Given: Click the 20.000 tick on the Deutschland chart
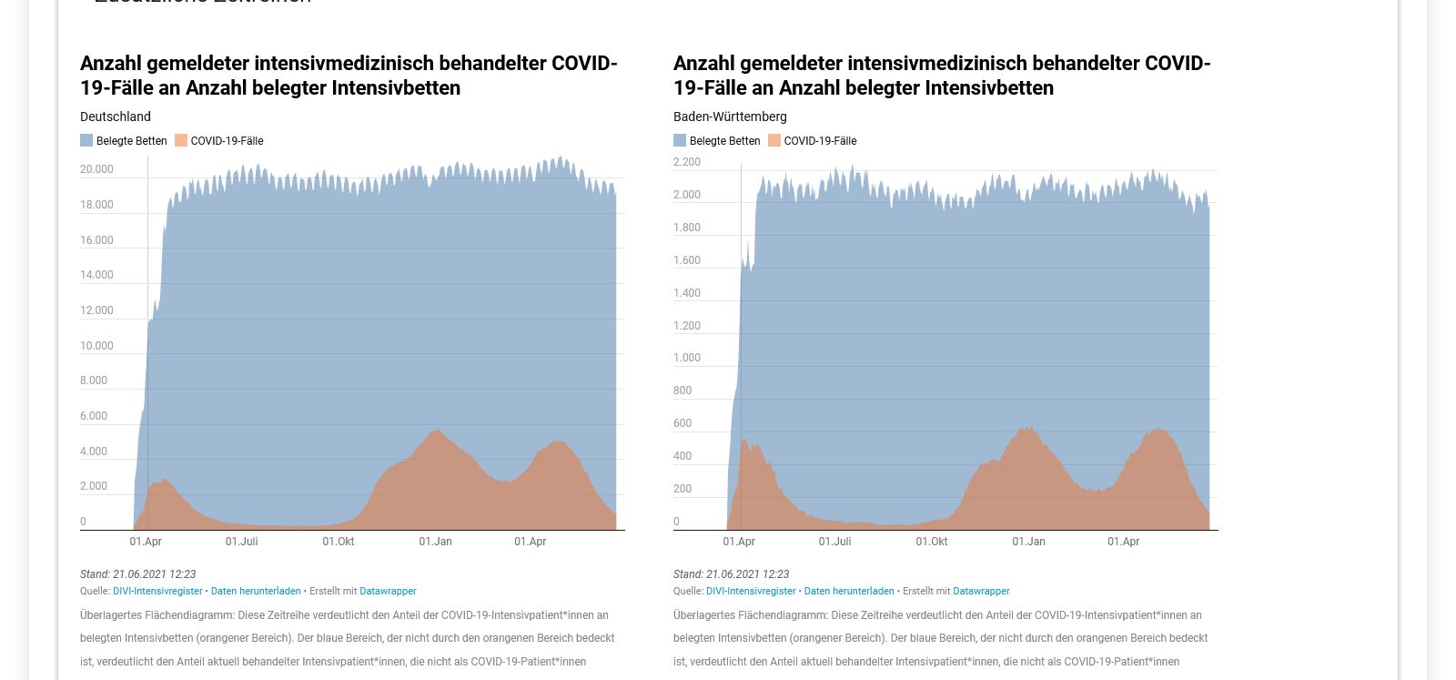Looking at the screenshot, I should pyautogui.click(x=96, y=169).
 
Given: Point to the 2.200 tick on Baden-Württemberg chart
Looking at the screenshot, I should pyautogui.click(x=687, y=162).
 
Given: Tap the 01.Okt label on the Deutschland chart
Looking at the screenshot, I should pyautogui.click(x=339, y=542).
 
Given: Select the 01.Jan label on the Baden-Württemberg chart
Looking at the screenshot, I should pyautogui.click(x=1028, y=542).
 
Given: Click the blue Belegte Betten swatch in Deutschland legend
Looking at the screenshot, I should pyautogui.click(x=86, y=140).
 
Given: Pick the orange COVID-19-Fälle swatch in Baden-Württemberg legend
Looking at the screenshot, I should pyautogui.click(x=774, y=140).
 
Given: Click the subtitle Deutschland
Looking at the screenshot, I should pyautogui.click(x=116, y=117).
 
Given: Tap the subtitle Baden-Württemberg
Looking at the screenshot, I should pyautogui.click(x=730, y=117).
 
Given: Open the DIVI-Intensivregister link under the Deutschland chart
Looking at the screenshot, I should pyautogui.click(x=157, y=591).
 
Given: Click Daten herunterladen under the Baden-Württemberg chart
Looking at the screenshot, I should pyautogui.click(x=849, y=591).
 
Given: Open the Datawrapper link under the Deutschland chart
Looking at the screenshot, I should pyautogui.click(x=388, y=591).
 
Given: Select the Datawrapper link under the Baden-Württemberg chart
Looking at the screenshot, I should pyautogui.click(x=981, y=591).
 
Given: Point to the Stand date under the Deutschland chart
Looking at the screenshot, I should pyautogui.click(x=137, y=574).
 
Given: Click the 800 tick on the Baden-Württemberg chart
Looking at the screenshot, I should pyautogui.click(x=682, y=391).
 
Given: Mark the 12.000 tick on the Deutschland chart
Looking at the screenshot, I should pyautogui.click(x=96, y=310).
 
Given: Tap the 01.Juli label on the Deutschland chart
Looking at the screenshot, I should pyautogui.click(x=241, y=542).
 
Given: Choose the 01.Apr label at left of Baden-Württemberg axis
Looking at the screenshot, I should pyautogui.click(x=739, y=542).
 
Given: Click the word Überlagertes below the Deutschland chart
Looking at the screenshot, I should pyautogui.click(x=111, y=615).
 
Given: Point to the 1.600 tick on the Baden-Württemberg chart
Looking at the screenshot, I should pyautogui.click(x=687, y=260).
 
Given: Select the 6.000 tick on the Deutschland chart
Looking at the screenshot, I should pyautogui.click(x=94, y=416).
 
